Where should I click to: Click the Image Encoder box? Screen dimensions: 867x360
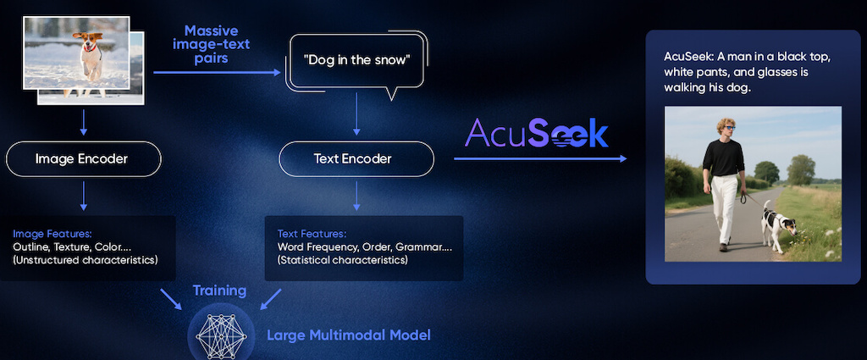coord(84,159)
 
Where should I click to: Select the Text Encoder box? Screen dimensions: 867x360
coord(356,159)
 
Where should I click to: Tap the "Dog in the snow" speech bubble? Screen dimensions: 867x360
coord(357,61)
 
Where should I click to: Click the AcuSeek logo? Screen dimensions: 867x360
coord(536,133)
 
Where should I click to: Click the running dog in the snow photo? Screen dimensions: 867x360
coord(76,53)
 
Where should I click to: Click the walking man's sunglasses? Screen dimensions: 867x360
coord(729,128)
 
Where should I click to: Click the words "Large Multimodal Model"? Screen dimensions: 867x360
coord(348,335)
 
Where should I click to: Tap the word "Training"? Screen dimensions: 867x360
coord(219,291)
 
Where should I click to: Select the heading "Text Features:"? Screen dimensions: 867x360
coord(312,233)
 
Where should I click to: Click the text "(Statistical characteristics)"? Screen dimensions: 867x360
coord(342,259)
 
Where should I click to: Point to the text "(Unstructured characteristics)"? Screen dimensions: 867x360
coord(86,259)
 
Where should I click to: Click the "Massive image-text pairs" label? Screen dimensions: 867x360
coord(211,44)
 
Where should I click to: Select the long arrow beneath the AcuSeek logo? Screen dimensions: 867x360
coord(540,158)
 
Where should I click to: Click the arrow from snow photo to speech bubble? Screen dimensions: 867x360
coord(218,73)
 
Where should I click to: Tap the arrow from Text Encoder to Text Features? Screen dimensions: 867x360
coord(356,196)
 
